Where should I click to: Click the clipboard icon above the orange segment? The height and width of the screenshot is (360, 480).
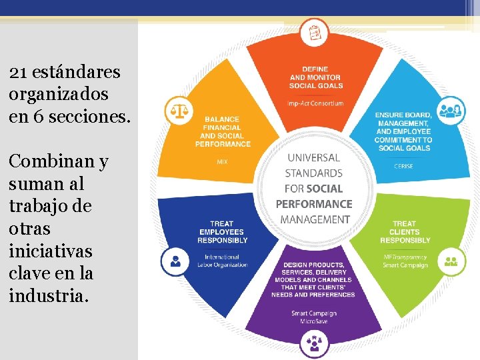pos(314,31)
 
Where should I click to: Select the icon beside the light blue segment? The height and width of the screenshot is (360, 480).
pos(451,109)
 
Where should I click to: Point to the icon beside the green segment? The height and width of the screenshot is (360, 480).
pos(451,261)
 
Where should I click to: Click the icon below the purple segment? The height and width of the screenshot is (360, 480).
pos(314,343)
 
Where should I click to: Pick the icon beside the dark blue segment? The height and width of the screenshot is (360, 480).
pos(175,260)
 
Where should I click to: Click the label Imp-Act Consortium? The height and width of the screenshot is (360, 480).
pos(315,103)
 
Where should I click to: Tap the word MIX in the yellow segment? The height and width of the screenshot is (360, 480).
pos(223,161)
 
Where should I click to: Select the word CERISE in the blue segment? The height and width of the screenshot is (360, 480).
pos(403,166)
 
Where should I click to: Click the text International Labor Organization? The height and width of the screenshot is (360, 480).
pos(222,261)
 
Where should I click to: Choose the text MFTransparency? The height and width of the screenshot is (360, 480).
pos(405,257)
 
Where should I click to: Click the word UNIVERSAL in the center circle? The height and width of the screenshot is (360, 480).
pos(313,158)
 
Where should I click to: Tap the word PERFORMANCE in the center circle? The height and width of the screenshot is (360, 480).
pos(314,204)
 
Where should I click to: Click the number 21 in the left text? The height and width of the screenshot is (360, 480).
pos(17,71)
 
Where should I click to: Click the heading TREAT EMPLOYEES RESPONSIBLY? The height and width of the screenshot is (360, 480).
pos(223,231)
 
